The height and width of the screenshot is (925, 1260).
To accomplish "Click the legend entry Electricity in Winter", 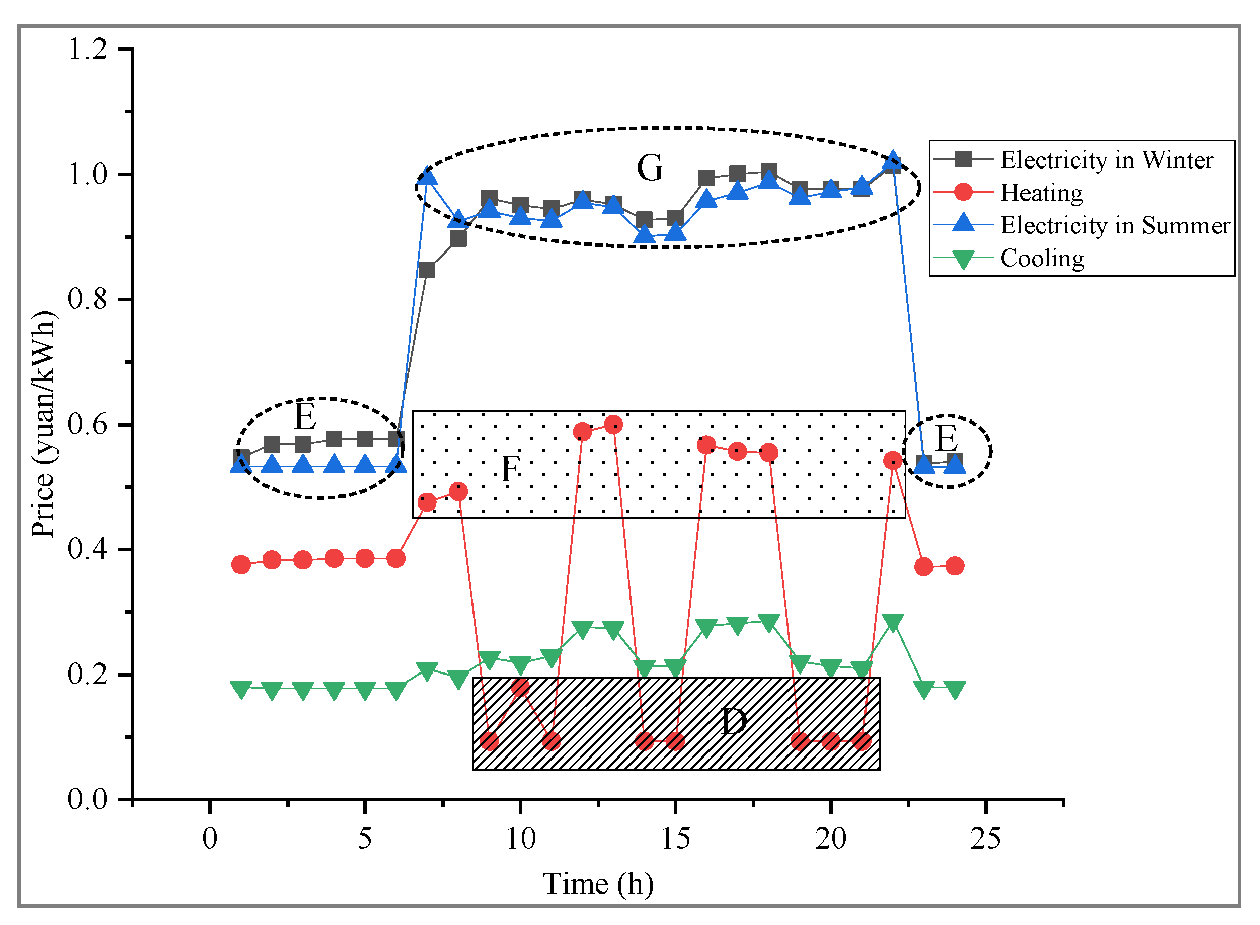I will pos(1106,160).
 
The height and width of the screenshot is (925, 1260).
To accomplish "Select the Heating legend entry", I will pos(1042,193).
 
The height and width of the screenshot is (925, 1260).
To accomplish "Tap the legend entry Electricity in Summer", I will pos(1115,226).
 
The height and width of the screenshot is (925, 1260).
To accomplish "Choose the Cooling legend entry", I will pos(1042,259).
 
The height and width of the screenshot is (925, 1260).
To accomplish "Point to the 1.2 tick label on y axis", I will pos(88,49).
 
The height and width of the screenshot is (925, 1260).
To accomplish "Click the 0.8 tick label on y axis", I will pos(88,300).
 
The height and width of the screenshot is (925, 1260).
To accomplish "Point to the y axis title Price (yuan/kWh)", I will pos(44,425).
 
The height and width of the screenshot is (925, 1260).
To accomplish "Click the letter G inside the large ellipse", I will pos(650,168).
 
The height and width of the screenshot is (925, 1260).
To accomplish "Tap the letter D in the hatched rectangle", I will pos(733,722).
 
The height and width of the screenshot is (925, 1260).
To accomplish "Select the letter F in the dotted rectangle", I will pos(510,469).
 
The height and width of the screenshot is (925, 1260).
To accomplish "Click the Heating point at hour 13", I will pos(613,425).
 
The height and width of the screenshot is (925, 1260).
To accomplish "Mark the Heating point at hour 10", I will pos(520,687).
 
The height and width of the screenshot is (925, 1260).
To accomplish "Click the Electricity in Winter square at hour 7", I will pos(427,271).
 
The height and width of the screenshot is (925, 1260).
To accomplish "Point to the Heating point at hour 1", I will pos(241,564).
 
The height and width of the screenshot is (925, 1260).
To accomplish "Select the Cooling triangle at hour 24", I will pos(955,689).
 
